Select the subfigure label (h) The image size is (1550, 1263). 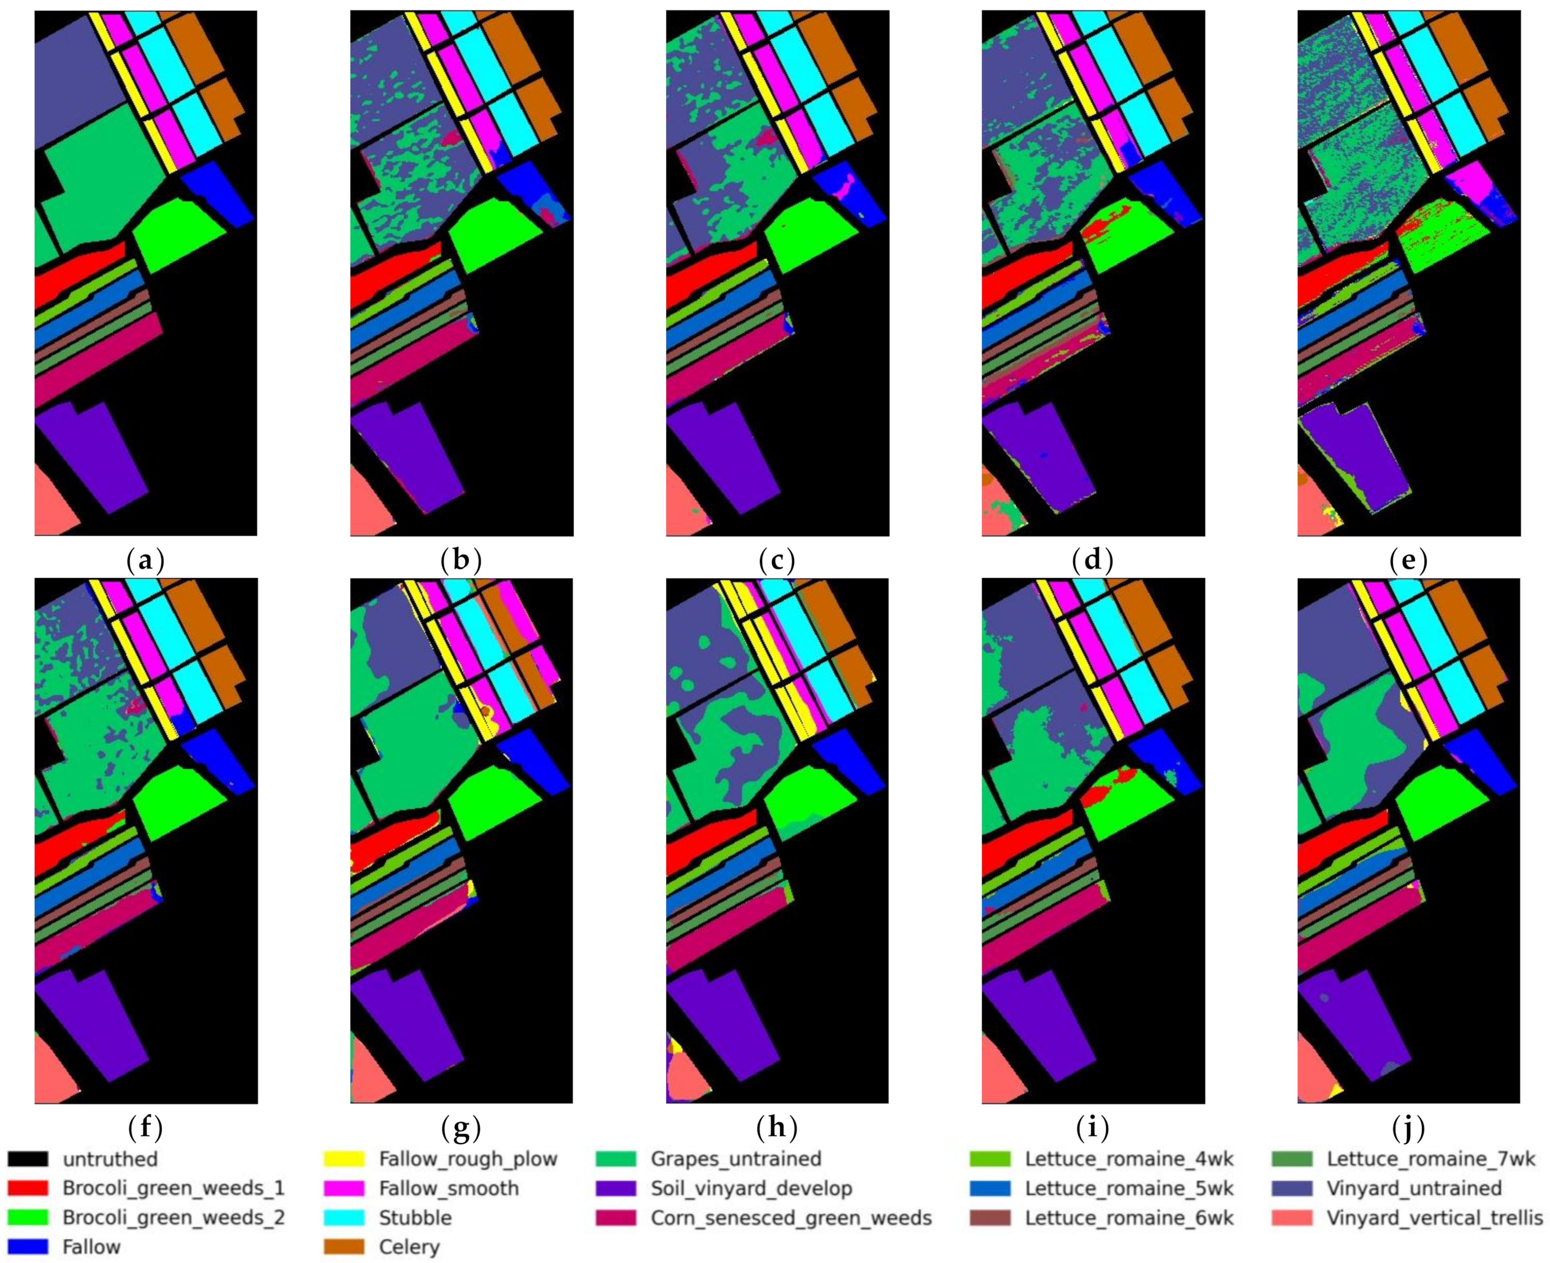776,1128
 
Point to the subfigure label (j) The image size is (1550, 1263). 1408,1128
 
